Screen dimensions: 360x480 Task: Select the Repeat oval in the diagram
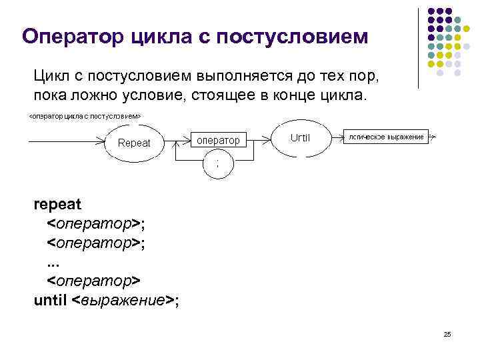tap(134, 143)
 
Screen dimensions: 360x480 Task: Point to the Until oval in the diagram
tap(301, 139)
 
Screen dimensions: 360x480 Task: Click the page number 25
tap(447, 334)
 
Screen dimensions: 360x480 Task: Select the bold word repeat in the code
tap(57, 204)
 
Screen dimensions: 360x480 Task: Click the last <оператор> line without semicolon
tap(93, 280)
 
